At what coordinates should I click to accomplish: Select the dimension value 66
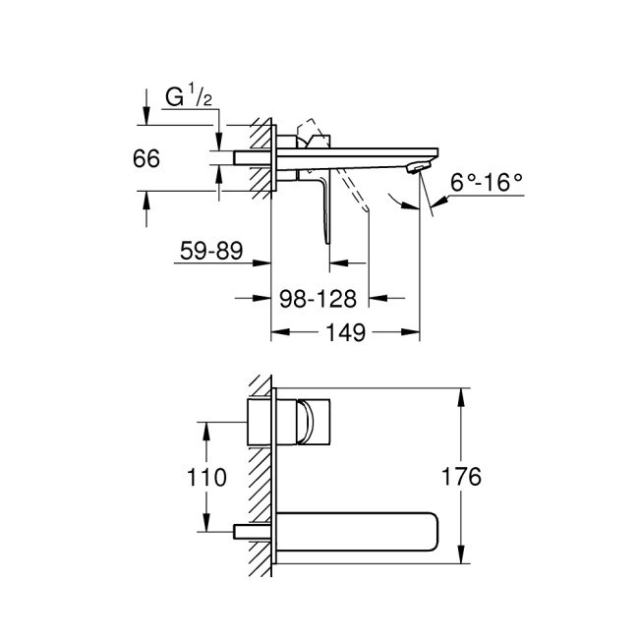click(146, 159)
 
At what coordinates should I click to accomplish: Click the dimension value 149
click(345, 334)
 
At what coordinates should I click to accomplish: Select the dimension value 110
click(206, 478)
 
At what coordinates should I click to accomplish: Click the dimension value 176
click(462, 478)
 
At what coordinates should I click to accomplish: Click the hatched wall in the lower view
click(260, 482)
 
